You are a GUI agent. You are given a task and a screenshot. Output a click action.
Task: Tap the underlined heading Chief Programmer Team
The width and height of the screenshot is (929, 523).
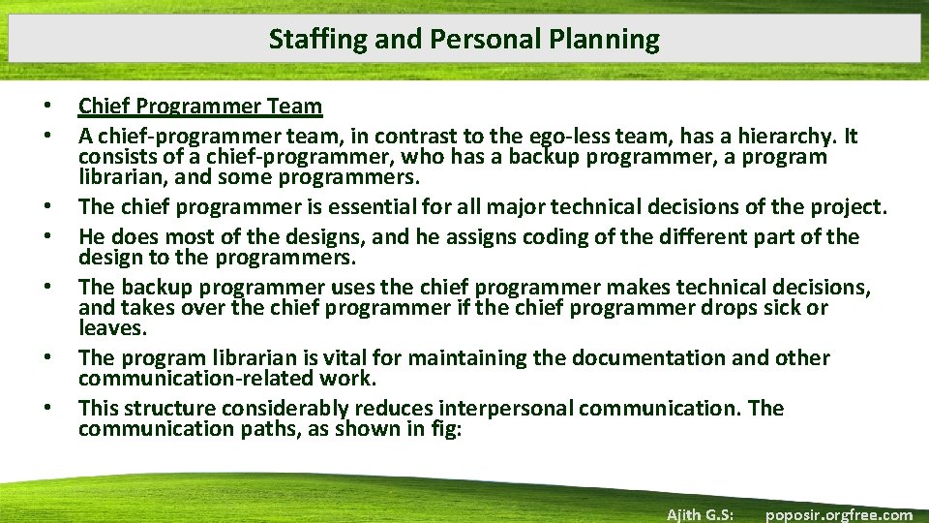pos(200,106)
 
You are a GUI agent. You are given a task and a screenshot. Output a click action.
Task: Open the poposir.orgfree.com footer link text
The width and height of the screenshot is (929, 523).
pos(838,514)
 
